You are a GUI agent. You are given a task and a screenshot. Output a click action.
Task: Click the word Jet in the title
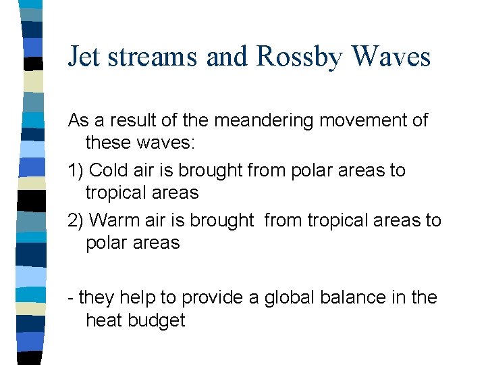(x=84, y=57)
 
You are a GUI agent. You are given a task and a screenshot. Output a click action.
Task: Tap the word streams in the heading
(x=153, y=57)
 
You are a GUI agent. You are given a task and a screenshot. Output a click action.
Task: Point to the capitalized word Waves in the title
(x=391, y=57)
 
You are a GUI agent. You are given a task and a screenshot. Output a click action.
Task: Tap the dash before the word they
(x=71, y=298)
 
